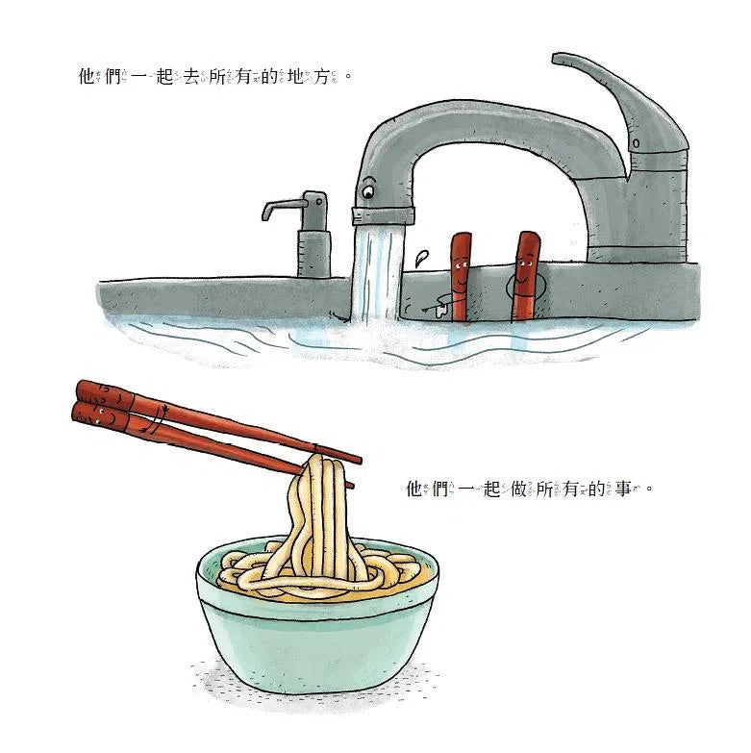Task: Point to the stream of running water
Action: pos(377,273)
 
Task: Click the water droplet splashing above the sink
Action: pos(422,258)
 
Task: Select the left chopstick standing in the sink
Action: pos(460,277)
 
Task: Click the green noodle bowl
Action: pos(318,619)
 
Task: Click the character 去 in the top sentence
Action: pos(191,76)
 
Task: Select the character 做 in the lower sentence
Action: pos(518,489)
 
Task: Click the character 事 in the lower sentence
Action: pos(623,489)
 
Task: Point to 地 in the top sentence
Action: pos(295,76)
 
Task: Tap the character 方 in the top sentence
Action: pos(321,76)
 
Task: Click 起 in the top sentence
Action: pos(164,76)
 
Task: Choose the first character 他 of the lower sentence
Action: pos(414,489)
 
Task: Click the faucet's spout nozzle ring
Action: pos(383,215)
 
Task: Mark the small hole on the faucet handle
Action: pos(636,143)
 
